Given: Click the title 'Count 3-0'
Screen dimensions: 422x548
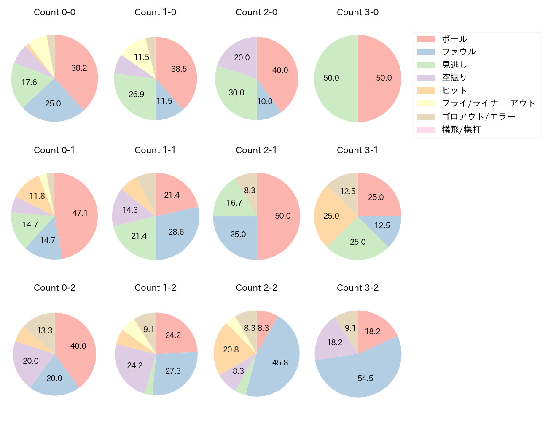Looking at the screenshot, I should click(357, 12).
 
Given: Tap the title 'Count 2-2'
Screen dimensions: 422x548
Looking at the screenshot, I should click(256, 288).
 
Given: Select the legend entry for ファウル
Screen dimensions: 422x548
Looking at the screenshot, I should click(459, 52).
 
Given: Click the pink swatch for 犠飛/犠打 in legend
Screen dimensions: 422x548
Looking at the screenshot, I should click(425, 130).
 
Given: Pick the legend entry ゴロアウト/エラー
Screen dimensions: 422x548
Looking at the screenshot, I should click(478, 116).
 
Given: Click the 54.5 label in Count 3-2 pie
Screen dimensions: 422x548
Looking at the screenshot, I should click(365, 378).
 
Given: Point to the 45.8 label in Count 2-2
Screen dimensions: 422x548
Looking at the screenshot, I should click(280, 362).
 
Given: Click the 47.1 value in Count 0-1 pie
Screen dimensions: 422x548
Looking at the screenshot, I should click(80, 213).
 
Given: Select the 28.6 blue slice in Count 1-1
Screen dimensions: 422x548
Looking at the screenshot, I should click(176, 232).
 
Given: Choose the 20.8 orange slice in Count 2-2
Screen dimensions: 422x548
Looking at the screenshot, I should click(231, 349).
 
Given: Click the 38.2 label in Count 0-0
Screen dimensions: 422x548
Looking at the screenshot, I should click(79, 68).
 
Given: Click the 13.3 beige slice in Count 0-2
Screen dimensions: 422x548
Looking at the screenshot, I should click(44, 330).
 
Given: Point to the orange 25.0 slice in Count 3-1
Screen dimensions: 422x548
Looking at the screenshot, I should click(331, 216).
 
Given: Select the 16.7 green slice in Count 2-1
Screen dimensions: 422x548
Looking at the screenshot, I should click(234, 203).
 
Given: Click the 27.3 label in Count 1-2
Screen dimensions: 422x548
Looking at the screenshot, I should click(173, 371).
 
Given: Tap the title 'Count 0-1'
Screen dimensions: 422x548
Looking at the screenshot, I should click(54, 150).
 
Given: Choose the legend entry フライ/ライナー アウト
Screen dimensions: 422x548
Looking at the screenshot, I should click(488, 103).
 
